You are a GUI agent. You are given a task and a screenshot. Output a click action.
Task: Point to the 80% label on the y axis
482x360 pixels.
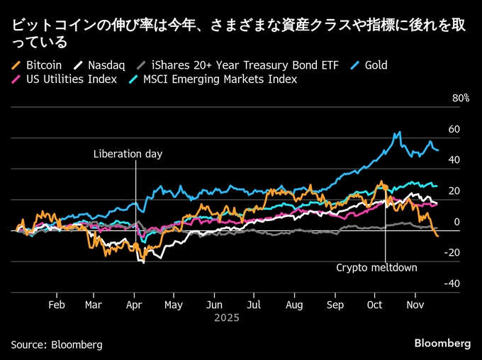tap(461, 98)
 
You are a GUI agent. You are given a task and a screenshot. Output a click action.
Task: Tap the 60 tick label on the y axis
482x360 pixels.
tap(454, 129)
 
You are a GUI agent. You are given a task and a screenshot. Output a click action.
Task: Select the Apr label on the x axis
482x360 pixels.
tap(134, 305)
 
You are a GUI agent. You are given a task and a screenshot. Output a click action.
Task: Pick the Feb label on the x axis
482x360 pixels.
tap(57, 305)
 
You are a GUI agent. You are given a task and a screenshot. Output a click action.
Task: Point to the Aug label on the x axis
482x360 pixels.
tap(295, 305)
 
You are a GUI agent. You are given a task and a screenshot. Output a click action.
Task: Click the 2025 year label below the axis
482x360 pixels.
tap(227, 318)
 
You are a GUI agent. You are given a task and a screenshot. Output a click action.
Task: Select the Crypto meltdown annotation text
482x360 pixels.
tap(376, 268)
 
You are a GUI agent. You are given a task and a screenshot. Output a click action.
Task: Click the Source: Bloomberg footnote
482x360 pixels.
tap(57, 344)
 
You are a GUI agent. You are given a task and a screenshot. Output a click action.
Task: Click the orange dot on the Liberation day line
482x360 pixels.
tap(135, 245)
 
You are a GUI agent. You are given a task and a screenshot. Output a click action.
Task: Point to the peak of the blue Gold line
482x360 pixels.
tap(399, 132)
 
